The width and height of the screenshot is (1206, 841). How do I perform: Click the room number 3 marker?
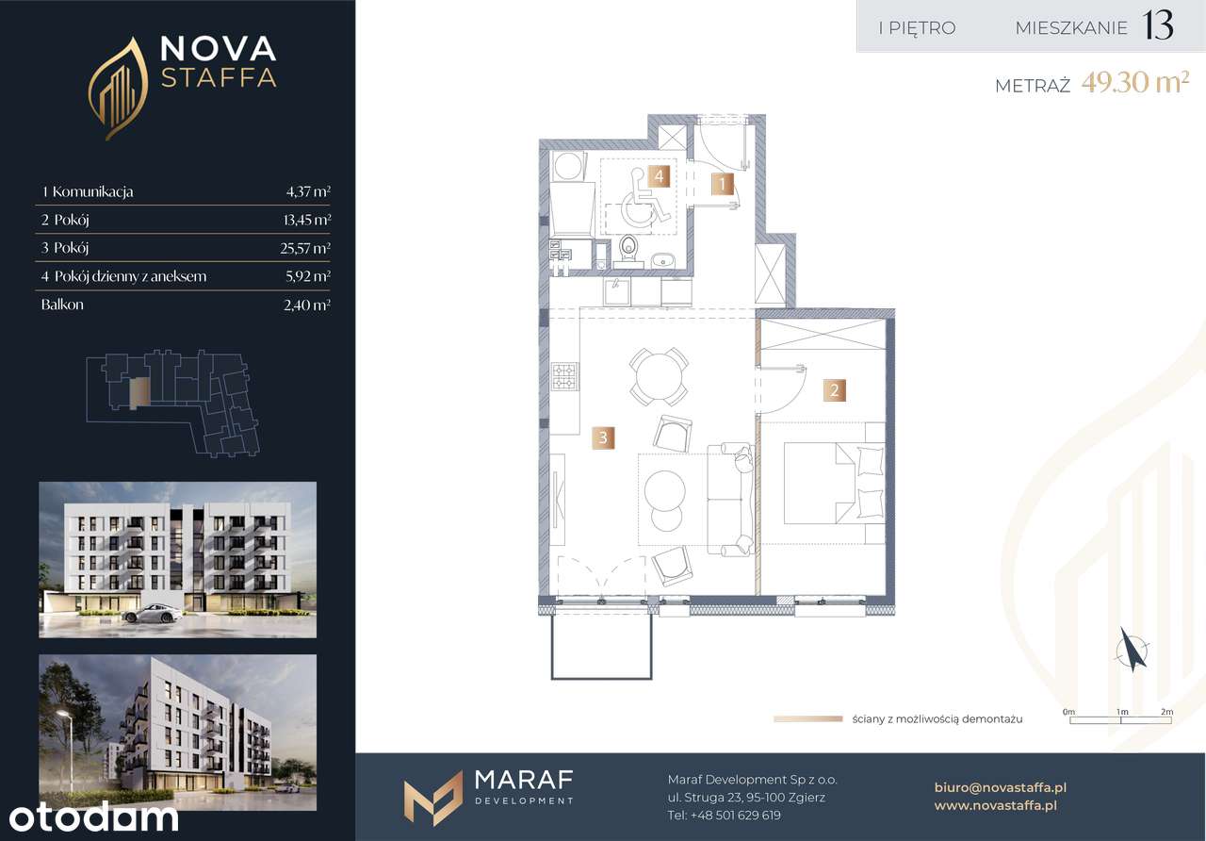tap(603, 437)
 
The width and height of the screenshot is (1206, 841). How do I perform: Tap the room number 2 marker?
tap(835, 390)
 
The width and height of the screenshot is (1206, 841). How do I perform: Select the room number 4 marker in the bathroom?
tap(659, 175)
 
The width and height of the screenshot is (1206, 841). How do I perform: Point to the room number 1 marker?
tap(723, 184)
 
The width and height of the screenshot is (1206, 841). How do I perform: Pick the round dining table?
tap(659, 376)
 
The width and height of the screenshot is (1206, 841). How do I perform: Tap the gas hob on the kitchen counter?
tap(564, 376)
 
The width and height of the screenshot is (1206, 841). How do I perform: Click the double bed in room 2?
tap(835, 483)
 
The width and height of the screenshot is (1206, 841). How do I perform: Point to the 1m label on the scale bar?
tap(1122, 712)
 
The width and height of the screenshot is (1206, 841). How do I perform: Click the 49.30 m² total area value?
tap(1135, 83)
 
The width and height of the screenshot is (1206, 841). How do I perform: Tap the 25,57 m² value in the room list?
tap(304, 248)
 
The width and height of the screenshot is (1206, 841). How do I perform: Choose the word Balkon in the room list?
tap(62, 305)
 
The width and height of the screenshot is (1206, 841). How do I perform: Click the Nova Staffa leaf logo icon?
tap(119, 89)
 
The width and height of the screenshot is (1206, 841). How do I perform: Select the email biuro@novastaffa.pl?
tap(1001, 787)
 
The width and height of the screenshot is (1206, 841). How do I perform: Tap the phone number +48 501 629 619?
tap(736, 816)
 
